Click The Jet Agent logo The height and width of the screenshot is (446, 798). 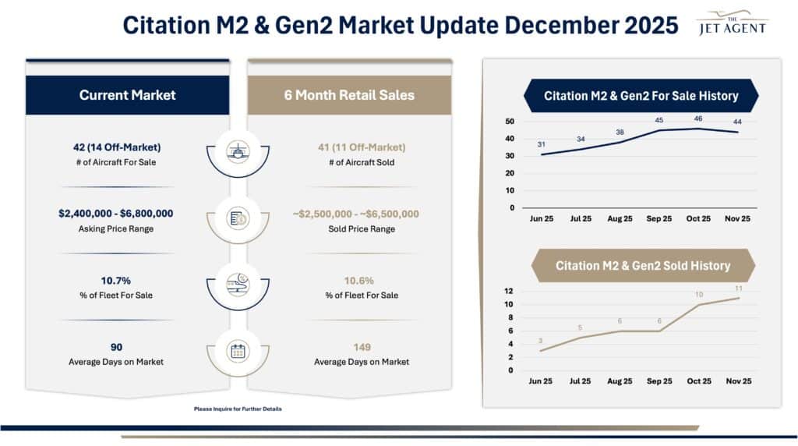click(x=733, y=23)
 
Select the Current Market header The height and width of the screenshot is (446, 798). click(x=128, y=95)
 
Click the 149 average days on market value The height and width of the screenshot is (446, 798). click(x=361, y=347)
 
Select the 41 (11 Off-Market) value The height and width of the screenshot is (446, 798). click(x=361, y=147)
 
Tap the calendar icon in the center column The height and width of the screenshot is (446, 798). click(x=238, y=351)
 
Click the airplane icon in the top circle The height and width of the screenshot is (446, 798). click(x=238, y=151)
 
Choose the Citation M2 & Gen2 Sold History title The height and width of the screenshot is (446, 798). click(x=642, y=266)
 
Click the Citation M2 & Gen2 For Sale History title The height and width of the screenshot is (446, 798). click(x=641, y=96)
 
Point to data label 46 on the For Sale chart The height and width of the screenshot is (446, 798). click(x=699, y=119)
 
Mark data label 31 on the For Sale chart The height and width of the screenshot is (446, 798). click(x=542, y=144)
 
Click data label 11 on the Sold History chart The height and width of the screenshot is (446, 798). click(x=739, y=288)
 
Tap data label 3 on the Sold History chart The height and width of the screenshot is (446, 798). click(x=542, y=341)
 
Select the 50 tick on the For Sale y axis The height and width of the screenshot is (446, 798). click(x=510, y=122)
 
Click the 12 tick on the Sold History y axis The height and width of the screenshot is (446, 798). click(x=510, y=291)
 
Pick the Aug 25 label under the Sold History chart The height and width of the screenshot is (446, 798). click(x=620, y=381)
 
